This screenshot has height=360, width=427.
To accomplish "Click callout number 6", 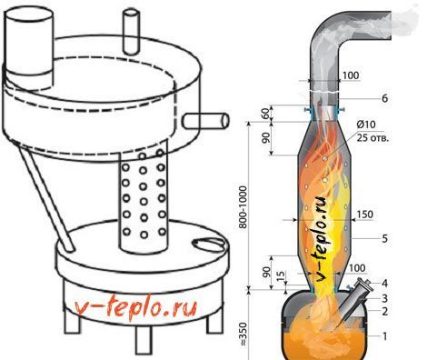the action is click(384, 98).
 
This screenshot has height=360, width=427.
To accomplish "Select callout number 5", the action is click(384, 238).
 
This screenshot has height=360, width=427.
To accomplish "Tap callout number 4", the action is click(384, 284).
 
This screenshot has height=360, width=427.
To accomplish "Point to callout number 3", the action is click(384, 298).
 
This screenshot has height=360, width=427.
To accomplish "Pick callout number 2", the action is click(384, 312).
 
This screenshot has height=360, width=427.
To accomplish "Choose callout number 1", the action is click(384, 336).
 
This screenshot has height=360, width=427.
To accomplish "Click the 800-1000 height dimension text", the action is click(243, 206).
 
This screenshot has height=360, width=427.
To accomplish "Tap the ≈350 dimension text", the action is click(243, 334).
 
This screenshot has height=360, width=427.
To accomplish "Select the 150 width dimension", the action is click(364, 215).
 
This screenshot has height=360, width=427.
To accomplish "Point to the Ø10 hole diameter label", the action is click(366, 125).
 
